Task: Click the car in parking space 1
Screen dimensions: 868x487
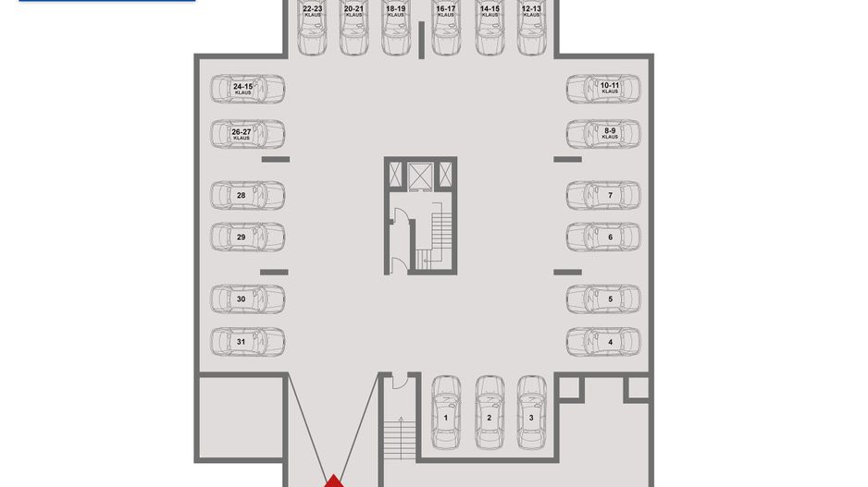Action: click(x=446, y=412)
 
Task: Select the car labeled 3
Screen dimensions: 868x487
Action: click(x=531, y=412)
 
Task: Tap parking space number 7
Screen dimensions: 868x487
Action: click(x=611, y=195)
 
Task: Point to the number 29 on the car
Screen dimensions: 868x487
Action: click(x=241, y=237)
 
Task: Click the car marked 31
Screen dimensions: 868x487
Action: click(x=247, y=342)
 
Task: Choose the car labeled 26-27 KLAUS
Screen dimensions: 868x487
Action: click(x=247, y=134)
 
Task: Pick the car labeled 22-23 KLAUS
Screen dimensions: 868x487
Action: click(x=312, y=28)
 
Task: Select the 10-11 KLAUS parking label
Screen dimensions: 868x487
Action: click(x=610, y=88)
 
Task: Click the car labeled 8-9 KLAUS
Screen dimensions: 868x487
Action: click(x=603, y=134)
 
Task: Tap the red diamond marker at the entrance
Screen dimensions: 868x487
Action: click(x=333, y=481)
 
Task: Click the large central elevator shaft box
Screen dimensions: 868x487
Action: click(x=420, y=176)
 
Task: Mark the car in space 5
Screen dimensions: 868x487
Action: click(x=603, y=299)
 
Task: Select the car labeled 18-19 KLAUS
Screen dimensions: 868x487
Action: click(x=396, y=28)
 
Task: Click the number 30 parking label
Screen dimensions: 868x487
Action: click(x=241, y=299)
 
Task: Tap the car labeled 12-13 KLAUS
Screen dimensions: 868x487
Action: click(x=531, y=28)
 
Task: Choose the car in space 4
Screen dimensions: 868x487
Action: click(x=603, y=342)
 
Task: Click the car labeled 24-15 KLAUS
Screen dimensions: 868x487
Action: click(x=247, y=89)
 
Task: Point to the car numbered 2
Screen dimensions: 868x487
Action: click(x=490, y=412)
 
